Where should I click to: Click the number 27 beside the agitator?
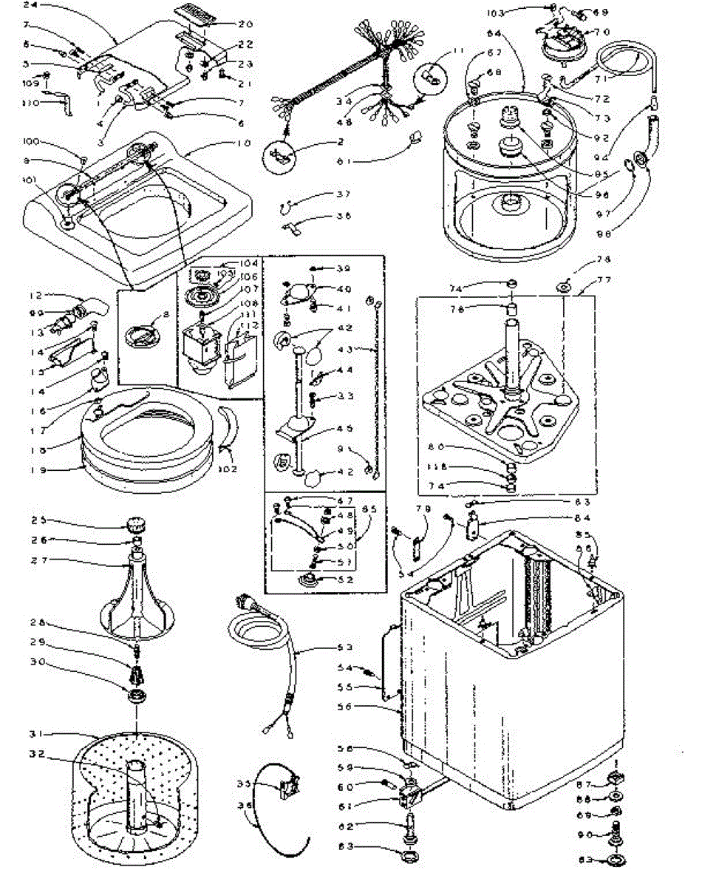(x=39, y=560)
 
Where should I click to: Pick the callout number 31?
(x=37, y=733)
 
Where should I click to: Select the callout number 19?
(x=38, y=467)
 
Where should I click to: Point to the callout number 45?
(x=364, y=428)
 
